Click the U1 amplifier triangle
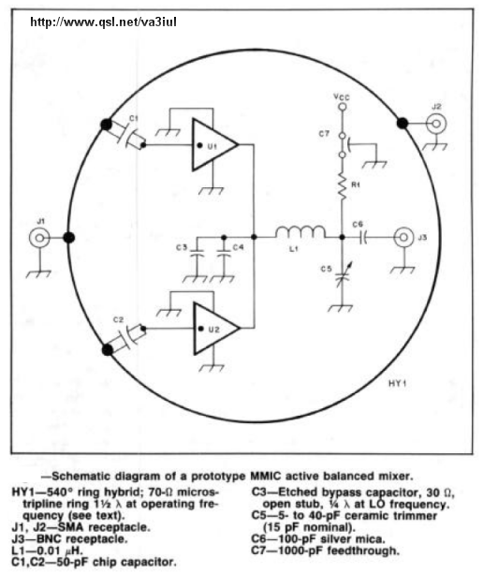213,145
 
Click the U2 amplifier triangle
215,328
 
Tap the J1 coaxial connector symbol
39,238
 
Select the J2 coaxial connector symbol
436,124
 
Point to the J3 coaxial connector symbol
403,238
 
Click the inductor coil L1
300,232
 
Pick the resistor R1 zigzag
343,186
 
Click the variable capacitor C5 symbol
343,279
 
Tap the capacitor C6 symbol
363,238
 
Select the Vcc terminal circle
343,107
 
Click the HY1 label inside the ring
397,383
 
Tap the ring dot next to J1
69,238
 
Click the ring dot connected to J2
402,124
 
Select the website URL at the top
103,22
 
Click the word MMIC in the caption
266,477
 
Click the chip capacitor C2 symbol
127,338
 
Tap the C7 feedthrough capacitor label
324,134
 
